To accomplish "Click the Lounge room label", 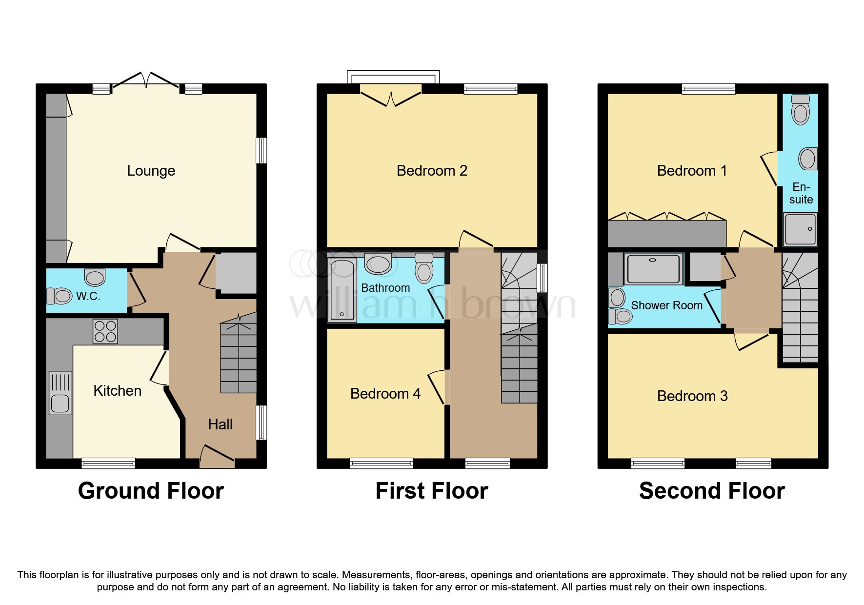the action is point(151,171).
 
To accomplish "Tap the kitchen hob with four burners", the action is point(105,331).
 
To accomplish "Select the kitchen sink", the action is point(60,393).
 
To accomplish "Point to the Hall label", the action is point(220,424).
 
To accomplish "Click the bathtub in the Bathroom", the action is point(342,290).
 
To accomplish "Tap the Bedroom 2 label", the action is point(432,171).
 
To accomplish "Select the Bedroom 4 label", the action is point(385,394).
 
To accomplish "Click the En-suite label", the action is point(801,193).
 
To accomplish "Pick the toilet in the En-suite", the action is point(800,110).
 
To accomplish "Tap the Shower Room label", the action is point(666,305).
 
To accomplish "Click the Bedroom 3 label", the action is point(692,396).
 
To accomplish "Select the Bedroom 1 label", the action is point(691,171).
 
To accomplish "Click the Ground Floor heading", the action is point(151,491).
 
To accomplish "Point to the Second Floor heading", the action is point(712,491).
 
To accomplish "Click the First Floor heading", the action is point(432,491).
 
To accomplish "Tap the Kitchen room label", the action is point(117,391).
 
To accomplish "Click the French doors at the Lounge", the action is point(146,83).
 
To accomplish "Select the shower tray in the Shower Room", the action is point(654,268).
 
